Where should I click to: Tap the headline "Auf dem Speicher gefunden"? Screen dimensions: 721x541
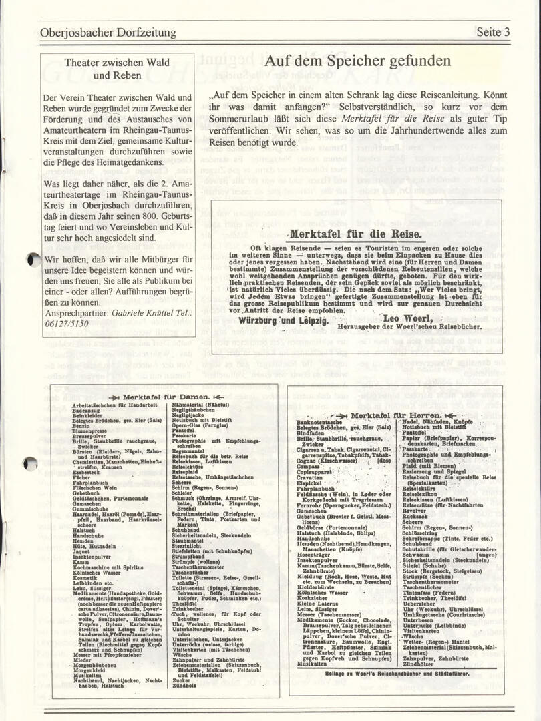click(357, 61)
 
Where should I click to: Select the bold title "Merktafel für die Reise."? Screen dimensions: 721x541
click(355, 234)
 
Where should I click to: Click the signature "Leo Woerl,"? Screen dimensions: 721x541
click(405, 318)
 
